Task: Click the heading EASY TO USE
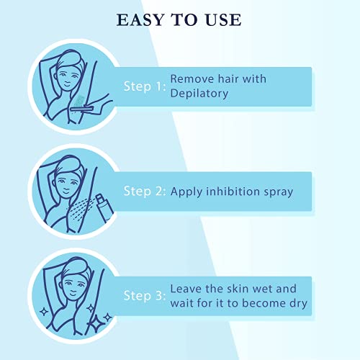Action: tap(179, 19)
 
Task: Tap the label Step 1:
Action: tap(144, 87)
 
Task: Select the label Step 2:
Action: tap(144, 192)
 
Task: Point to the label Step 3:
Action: tap(144, 296)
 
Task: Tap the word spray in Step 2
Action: tap(276, 192)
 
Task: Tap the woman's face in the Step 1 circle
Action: tap(66, 76)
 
